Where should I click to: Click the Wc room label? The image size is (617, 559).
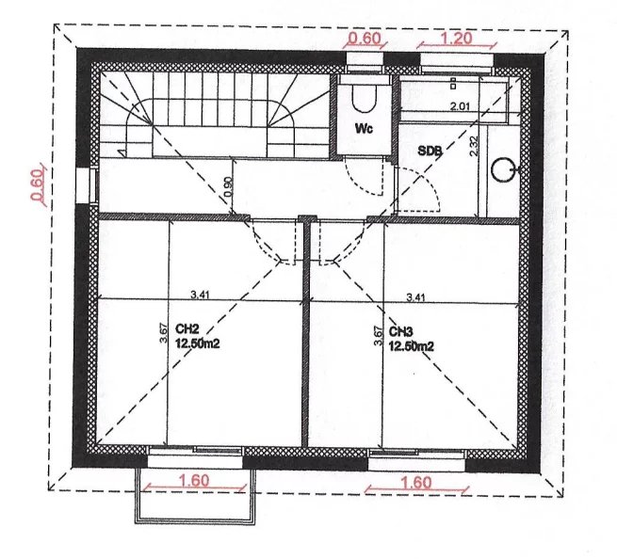[364, 129]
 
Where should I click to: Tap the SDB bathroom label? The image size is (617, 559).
[430, 151]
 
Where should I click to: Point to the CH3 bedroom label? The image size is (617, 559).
[401, 332]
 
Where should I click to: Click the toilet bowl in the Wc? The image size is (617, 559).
[365, 99]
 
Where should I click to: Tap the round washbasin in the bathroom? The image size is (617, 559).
[503, 169]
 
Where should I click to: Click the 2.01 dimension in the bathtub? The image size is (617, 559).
[460, 106]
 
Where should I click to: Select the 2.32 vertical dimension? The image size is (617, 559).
[474, 146]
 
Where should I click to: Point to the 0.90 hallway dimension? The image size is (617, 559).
[228, 186]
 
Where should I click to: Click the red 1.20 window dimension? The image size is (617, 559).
[457, 39]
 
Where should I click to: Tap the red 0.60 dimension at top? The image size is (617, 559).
[365, 39]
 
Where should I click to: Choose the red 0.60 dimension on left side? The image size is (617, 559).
[36, 184]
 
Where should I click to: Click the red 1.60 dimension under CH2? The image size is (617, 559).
[194, 480]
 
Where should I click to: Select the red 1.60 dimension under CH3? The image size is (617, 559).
[416, 483]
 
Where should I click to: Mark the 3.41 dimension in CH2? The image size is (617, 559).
[200, 295]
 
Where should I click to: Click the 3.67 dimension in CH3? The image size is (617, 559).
[378, 336]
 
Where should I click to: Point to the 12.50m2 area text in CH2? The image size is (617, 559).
[198, 344]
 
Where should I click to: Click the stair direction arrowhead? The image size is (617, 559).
[122, 152]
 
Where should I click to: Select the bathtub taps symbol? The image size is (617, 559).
[453, 83]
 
